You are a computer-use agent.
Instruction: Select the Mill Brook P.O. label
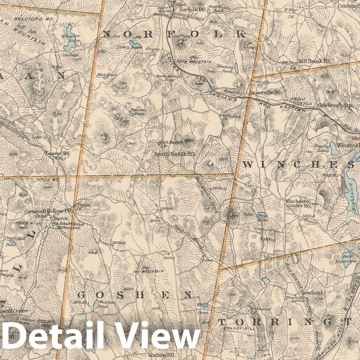coord(314,61)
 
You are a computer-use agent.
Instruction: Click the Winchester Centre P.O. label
coord(298,203)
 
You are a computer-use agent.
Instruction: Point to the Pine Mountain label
coord(197,62)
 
